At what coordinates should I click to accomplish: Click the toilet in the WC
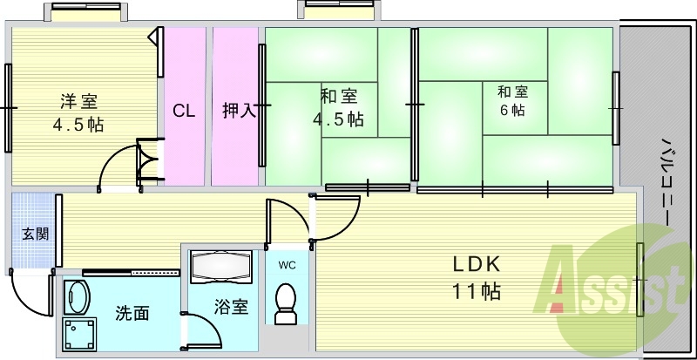[286, 304]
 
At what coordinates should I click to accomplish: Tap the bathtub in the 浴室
[221, 267]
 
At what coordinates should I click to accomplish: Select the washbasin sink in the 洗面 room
[77, 297]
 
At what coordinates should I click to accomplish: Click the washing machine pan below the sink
[79, 334]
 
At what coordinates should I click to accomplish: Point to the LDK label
[477, 265]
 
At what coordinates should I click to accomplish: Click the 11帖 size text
[477, 291]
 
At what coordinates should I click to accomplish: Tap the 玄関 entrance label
[36, 234]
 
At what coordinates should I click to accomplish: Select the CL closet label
[184, 111]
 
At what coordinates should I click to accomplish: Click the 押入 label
[240, 111]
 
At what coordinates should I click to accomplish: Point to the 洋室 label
[78, 101]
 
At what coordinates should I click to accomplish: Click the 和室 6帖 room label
[512, 100]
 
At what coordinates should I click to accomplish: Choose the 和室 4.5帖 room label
[339, 107]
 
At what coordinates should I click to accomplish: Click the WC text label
[288, 266]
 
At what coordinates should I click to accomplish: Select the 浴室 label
[231, 307]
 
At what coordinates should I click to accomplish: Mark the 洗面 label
[132, 314]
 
